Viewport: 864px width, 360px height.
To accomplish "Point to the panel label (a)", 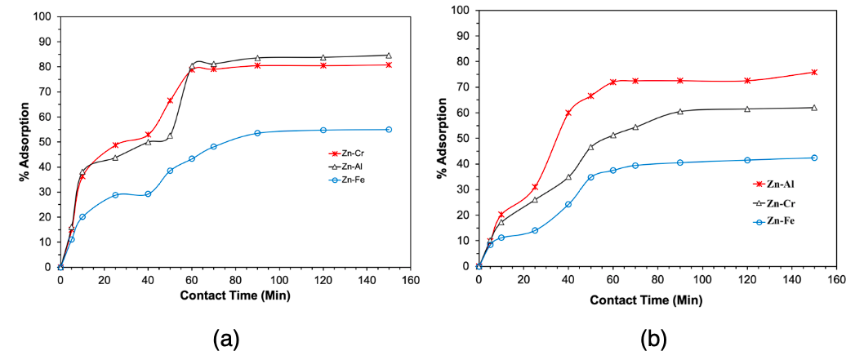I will pyautogui.click(x=225, y=337).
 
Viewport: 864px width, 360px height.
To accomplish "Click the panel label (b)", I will pyautogui.click(x=652, y=337).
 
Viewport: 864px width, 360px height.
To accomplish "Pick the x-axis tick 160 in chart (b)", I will pyautogui.click(x=835, y=278).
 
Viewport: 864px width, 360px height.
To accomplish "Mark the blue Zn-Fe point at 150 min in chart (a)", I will pyautogui.click(x=388, y=129).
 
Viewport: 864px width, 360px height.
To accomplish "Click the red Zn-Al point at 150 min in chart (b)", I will pyautogui.click(x=813, y=72).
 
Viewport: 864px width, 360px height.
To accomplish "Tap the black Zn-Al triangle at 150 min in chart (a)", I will pyautogui.click(x=388, y=56).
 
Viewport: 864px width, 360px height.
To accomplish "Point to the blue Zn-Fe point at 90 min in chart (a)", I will pyautogui.click(x=257, y=133).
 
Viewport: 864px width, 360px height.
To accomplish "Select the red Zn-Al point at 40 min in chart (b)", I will pyautogui.click(x=568, y=113).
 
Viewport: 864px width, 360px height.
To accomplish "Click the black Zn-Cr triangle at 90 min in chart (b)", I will pyautogui.click(x=679, y=111).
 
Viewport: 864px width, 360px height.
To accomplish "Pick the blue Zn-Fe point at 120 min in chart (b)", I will pyautogui.click(x=746, y=160).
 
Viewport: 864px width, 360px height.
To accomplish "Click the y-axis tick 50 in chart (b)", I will pyautogui.click(x=465, y=138).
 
